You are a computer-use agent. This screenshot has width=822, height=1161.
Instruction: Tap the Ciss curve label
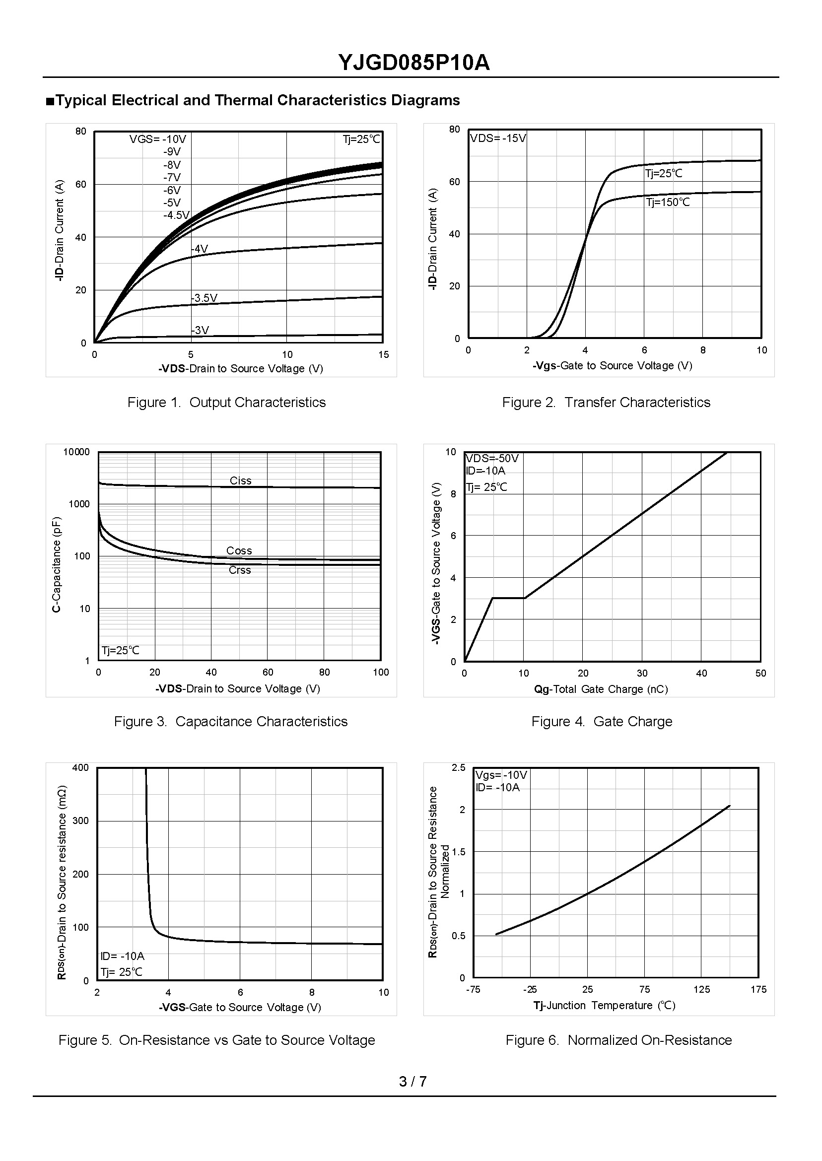pyautogui.click(x=240, y=481)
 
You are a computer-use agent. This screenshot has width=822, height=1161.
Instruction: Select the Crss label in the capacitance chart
pyautogui.click(x=239, y=570)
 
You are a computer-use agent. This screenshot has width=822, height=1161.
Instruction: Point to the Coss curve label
pyautogui.click(x=239, y=550)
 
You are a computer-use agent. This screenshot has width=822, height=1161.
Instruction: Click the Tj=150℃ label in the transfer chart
pyautogui.click(x=668, y=203)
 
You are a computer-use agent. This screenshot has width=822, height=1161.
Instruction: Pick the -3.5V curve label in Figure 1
pyautogui.click(x=205, y=298)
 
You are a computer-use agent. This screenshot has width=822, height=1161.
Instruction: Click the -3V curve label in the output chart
pyautogui.click(x=201, y=331)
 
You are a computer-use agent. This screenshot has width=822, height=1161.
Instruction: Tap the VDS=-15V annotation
pyautogui.click(x=498, y=138)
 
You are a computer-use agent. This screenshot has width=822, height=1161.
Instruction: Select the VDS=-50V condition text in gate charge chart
pyautogui.click(x=492, y=459)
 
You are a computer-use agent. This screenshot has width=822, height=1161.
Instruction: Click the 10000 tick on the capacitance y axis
pyautogui.click(x=76, y=452)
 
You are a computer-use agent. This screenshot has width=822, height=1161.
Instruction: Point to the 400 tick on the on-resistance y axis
pyautogui.click(x=80, y=768)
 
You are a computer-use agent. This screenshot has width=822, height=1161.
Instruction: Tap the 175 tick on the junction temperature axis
pyautogui.click(x=758, y=989)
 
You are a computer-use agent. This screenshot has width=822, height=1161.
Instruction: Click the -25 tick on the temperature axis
pyautogui.click(x=530, y=989)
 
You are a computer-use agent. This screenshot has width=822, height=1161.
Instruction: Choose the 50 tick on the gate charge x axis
pyautogui.click(x=761, y=674)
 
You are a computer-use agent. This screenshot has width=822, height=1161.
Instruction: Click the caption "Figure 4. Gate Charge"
pyautogui.click(x=602, y=722)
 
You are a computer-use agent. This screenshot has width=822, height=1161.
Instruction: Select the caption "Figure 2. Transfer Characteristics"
pyautogui.click(x=606, y=403)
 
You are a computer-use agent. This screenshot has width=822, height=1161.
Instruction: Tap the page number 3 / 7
pyautogui.click(x=412, y=1082)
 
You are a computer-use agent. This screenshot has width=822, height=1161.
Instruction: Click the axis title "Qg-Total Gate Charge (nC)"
pyautogui.click(x=601, y=689)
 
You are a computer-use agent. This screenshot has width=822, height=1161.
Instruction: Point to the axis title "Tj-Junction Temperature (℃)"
pyautogui.click(x=605, y=1006)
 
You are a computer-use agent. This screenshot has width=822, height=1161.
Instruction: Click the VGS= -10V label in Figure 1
pyautogui.click(x=158, y=139)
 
